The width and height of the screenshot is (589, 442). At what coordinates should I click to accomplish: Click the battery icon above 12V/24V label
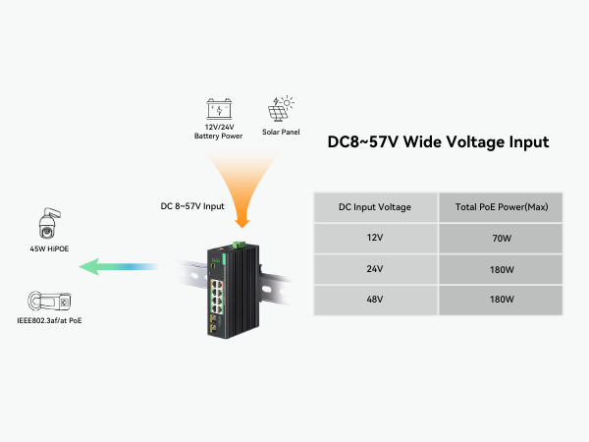(x=219, y=108)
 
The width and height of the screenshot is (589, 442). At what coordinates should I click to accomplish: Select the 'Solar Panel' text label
(x=281, y=132)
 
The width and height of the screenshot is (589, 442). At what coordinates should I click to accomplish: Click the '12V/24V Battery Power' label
(x=219, y=131)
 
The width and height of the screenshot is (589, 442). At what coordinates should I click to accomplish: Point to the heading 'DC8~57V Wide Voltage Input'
(x=437, y=142)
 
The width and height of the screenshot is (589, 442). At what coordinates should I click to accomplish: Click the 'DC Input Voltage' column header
(x=374, y=206)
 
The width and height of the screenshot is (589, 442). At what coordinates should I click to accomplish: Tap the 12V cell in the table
(x=374, y=237)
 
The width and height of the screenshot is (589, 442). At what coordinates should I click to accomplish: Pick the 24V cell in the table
(x=374, y=267)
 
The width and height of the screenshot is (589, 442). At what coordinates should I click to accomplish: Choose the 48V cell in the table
(x=374, y=298)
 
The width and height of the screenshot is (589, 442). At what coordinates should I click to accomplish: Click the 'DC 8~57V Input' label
(x=191, y=206)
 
